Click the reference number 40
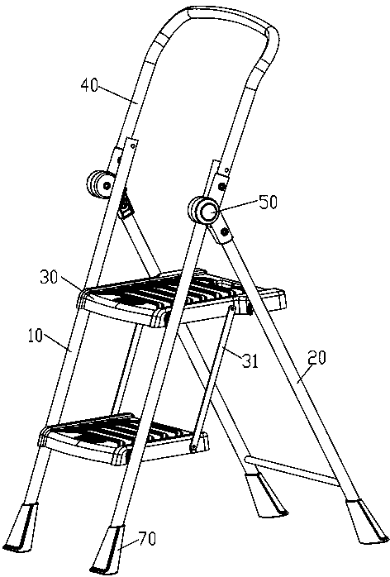tap(90, 86)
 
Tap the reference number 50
tap(269, 203)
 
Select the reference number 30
tap(50, 278)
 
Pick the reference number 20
tap(316, 358)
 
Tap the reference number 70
tap(147, 539)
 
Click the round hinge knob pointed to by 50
tap(203, 212)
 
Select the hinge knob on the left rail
tap(99, 185)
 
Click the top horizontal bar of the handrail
tap(227, 19)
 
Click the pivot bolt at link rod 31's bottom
tap(193, 446)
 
